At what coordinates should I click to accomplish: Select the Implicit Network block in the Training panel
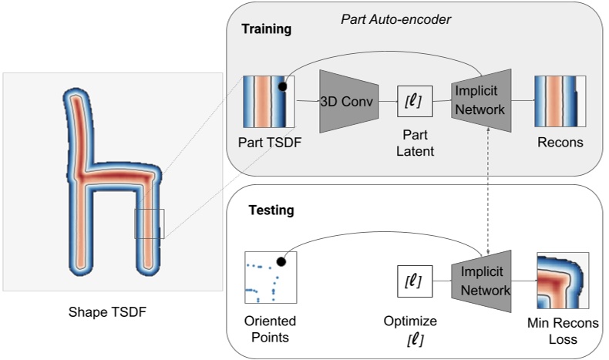[479, 100]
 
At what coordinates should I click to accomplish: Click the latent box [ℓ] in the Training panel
[413, 100]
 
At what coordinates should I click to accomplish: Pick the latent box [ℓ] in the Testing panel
[413, 281]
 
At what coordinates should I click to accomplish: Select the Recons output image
[560, 101]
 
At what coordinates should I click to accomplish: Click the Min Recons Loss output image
[562, 279]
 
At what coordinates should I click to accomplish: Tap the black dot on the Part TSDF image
[283, 86]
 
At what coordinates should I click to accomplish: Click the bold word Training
[267, 30]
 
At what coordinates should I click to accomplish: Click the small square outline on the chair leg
[150, 224]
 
